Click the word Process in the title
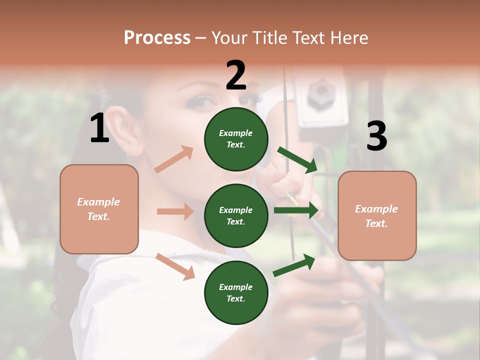(157, 37)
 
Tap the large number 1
(99, 128)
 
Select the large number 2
(236, 75)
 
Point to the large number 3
(376, 136)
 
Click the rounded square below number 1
(99, 209)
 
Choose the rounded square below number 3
(377, 215)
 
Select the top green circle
(236, 139)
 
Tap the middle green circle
(236, 215)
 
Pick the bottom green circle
(236, 292)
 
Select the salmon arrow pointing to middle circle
(175, 211)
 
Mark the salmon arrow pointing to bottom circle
(175, 266)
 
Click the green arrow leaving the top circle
(298, 160)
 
